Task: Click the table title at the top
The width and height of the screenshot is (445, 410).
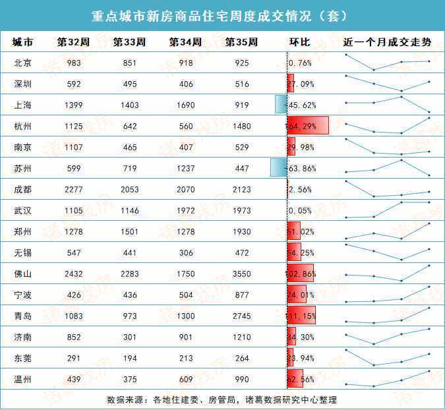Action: click(222, 15)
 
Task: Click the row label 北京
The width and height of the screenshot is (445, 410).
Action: click(22, 63)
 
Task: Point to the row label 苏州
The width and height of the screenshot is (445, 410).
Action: click(22, 169)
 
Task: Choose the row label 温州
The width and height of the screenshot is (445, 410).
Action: click(22, 379)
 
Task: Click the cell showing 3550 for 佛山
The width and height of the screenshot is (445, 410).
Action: click(241, 274)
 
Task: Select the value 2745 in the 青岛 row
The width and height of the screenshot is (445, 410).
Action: click(241, 316)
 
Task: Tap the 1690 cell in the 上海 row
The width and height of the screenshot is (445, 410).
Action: click(185, 105)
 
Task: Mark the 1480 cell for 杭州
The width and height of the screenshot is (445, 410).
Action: click(241, 127)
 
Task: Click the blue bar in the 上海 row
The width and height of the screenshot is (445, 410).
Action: click(280, 105)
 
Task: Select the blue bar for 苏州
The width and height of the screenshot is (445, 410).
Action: click(278, 168)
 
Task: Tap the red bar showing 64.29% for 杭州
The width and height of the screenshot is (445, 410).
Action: click(307, 126)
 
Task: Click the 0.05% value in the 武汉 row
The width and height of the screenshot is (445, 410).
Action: click(301, 211)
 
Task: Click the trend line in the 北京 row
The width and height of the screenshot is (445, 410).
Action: click(387, 63)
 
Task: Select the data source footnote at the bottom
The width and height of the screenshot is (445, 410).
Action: click(222, 399)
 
